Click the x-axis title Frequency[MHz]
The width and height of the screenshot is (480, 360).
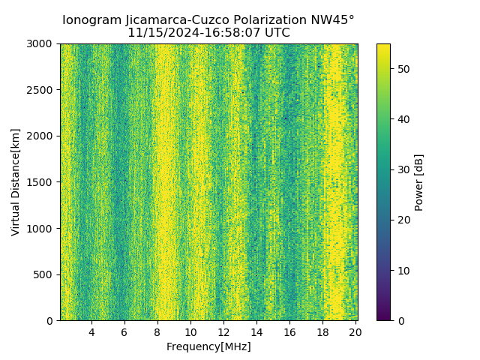[x=208, y=346]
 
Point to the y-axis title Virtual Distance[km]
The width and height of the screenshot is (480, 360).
[x=15, y=182]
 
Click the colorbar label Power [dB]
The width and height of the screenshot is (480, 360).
[x=419, y=182]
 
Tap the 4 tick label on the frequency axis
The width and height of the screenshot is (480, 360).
[x=91, y=332]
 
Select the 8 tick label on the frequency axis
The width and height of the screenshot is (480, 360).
[x=157, y=332]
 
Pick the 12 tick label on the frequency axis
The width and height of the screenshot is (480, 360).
[x=223, y=332]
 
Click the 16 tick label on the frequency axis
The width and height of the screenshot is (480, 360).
[x=289, y=332]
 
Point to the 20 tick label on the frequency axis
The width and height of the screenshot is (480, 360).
[x=355, y=332]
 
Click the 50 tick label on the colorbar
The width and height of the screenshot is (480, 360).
[x=402, y=69]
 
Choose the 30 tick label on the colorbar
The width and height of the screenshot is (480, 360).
[x=402, y=169]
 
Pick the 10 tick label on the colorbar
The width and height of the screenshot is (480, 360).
[x=402, y=270]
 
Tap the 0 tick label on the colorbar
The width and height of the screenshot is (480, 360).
[x=399, y=320]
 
